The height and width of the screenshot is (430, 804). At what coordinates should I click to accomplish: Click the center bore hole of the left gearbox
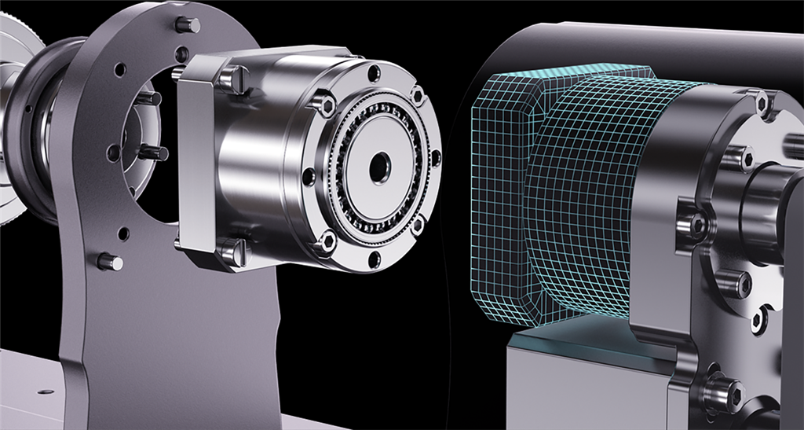coord(379,164)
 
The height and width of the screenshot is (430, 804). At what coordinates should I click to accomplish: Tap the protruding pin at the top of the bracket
coord(188,25)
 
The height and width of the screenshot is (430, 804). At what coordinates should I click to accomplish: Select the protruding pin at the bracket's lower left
coord(110,262)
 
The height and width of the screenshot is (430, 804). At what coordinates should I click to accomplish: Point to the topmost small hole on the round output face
coord(375,73)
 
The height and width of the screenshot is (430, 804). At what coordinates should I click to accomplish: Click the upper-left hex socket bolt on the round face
coord(322,103)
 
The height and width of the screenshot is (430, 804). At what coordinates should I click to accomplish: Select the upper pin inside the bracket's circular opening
coord(149,99)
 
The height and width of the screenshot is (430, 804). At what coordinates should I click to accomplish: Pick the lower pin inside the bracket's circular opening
coord(153,153)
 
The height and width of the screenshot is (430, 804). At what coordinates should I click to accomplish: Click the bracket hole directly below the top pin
coord(182,55)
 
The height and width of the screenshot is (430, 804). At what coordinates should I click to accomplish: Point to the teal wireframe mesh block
coord(550,197)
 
